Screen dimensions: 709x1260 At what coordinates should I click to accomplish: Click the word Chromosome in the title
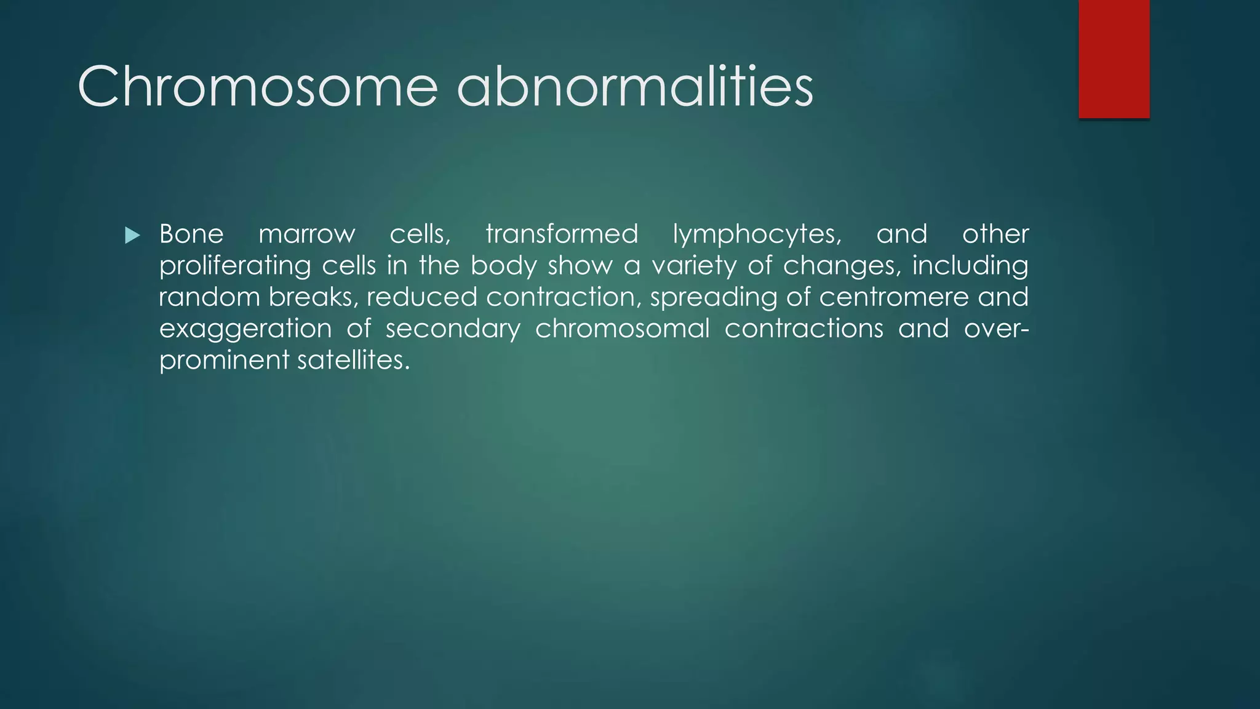tap(257, 87)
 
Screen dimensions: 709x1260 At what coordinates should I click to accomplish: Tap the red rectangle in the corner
tap(1114, 58)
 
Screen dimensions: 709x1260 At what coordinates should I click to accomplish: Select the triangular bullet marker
tap(132, 235)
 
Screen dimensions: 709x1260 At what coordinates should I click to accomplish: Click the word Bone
tap(191, 234)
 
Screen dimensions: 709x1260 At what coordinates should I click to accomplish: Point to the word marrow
tap(306, 234)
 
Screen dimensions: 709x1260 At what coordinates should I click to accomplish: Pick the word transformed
tap(562, 234)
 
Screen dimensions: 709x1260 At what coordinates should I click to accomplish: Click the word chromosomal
tap(623, 329)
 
